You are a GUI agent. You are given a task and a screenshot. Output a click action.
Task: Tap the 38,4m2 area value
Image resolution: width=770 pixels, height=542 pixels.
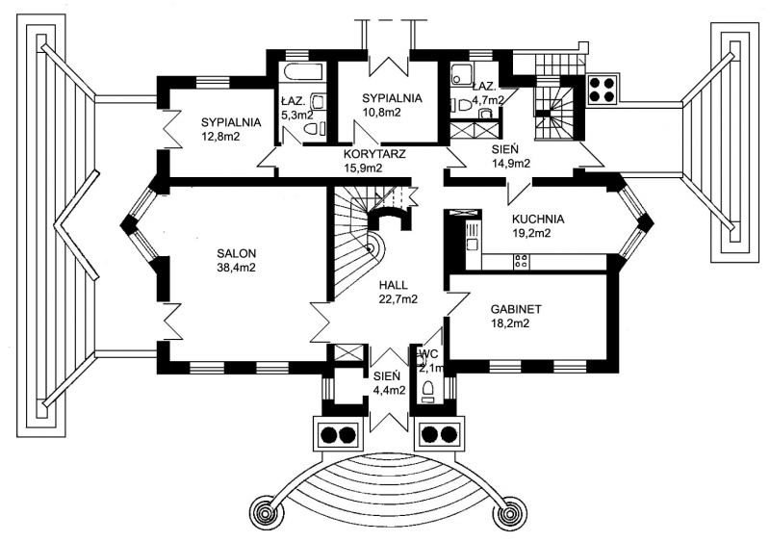(236, 268)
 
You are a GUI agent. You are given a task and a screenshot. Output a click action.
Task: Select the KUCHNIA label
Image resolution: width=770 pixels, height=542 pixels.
(538, 219)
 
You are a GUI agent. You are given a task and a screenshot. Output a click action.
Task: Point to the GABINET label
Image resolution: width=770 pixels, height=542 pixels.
(516, 309)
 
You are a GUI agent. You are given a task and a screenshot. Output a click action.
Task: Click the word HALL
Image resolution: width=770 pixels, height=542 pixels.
(393, 285)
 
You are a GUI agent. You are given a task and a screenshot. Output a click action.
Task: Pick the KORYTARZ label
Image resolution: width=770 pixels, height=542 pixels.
(374, 154)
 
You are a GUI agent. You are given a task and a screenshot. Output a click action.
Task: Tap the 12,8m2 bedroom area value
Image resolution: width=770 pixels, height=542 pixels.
(220, 137)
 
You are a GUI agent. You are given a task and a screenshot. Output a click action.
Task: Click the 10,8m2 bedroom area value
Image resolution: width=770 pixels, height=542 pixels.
(381, 112)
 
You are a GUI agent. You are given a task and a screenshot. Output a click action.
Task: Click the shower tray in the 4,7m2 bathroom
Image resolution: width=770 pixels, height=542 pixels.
(462, 74)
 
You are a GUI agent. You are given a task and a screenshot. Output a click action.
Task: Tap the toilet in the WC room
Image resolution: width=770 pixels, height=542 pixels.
(426, 390)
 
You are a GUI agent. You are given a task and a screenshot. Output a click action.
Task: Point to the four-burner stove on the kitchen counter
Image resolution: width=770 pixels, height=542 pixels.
(521, 261)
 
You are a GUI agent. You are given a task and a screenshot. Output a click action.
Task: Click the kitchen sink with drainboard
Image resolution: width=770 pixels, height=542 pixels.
(473, 238)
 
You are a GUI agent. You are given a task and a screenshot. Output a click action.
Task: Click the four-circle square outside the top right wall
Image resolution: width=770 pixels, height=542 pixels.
(603, 90)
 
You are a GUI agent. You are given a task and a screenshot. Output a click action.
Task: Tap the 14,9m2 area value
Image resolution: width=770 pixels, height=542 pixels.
(511, 164)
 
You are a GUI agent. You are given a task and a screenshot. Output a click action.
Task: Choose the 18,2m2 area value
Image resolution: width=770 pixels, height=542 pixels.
(510, 323)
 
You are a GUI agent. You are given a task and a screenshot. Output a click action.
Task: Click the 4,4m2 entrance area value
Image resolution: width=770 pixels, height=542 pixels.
(389, 390)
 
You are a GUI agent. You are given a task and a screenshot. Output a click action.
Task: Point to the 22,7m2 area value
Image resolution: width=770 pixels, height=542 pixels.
(398, 298)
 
